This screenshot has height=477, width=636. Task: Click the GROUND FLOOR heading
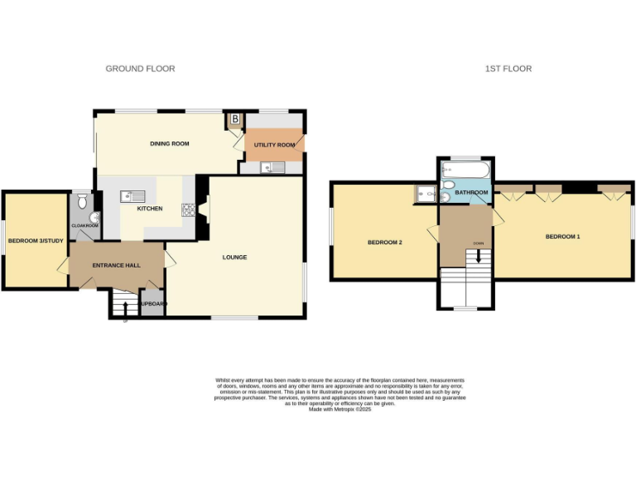(x=140, y=69)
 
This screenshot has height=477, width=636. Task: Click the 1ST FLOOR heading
(x=508, y=69)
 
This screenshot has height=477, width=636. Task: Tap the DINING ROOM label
(x=169, y=144)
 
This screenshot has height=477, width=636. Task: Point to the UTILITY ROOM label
(x=275, y=145)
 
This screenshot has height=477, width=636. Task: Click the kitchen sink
(x=132, y=196)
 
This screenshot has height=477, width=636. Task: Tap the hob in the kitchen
(x=187, y=210)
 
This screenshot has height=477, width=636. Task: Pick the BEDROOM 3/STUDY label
(x=36, y=241)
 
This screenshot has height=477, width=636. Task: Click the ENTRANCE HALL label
(x=115, y=265)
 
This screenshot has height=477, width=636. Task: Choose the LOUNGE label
(x=234, y=258)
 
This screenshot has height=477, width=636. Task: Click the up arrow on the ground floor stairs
(x=125, y=311)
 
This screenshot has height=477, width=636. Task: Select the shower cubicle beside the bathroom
(x=426, y=194)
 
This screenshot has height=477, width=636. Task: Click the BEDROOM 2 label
(x=384, y=243)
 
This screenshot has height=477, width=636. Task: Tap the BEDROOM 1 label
(x=562, y=237)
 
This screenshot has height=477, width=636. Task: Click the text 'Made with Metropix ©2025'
(x=340, y=410)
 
